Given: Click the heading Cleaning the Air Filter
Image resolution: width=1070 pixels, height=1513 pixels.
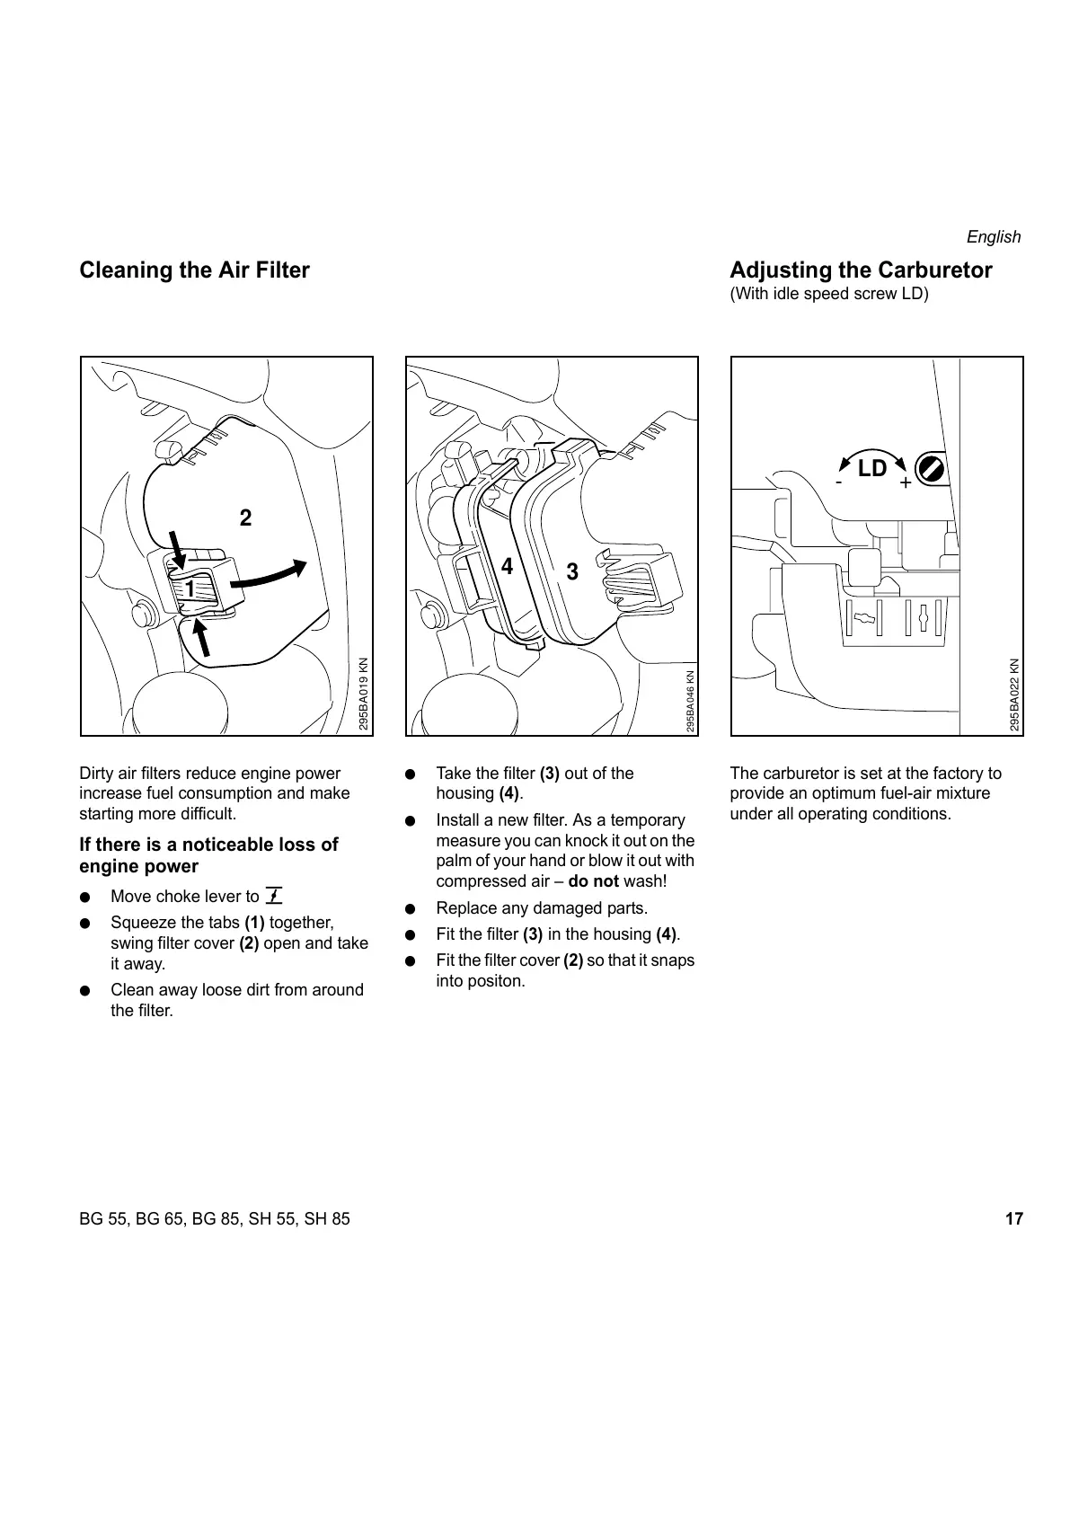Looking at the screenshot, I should pyautogui.click(x=194, y=270).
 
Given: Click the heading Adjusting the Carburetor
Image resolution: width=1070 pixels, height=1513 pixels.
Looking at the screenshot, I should pyautogui.click(x=861, y=270).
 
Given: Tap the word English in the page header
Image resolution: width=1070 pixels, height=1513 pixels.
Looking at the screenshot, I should pyautogui.click(x=993, y=237).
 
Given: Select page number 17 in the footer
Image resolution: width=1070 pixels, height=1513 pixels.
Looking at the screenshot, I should pyautogui.click(x=1013, y=1219).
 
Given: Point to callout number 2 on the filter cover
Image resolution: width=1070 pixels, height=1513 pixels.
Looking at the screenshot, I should pyautogui.click(x=245, y=518).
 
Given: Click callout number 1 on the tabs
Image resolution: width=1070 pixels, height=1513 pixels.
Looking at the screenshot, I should pyautogui.click(x=190, y=588).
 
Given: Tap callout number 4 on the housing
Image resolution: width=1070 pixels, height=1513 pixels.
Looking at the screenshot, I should pyautogui.click(x=507, y=567).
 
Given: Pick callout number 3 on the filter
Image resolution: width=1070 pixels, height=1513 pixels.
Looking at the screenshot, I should pyautogui.click(x=572, y=571).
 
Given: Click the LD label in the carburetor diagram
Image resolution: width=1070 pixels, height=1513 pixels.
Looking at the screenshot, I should pyautogui.click(x=871, y=468).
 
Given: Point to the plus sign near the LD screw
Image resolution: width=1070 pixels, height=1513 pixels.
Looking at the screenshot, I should pyautogui.click(x=905, y=483).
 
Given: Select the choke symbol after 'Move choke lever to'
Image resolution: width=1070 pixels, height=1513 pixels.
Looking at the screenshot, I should pyautogui.click(x=274, y=895).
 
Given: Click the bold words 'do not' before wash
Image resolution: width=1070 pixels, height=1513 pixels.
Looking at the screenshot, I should pyautogui.click(x=593, y=881).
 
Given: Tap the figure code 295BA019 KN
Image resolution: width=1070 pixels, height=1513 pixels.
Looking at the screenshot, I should pyautogui.click(x=363, y=695).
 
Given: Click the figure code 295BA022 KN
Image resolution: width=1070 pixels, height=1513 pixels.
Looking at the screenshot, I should pyautogui.click(x=1013, y=695).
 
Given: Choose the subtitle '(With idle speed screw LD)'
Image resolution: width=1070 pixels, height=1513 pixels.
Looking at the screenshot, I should pyautogui.click(x=828, y=294).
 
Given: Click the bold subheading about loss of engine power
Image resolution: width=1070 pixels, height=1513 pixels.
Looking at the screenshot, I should pyautogui.click(x=208, y=855).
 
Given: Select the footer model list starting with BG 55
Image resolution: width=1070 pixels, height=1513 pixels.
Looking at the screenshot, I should pyautogui.click(x=215, y=1219).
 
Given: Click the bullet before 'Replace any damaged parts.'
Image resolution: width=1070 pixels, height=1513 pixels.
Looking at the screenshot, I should pyautogui.click(x=410, y=908).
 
